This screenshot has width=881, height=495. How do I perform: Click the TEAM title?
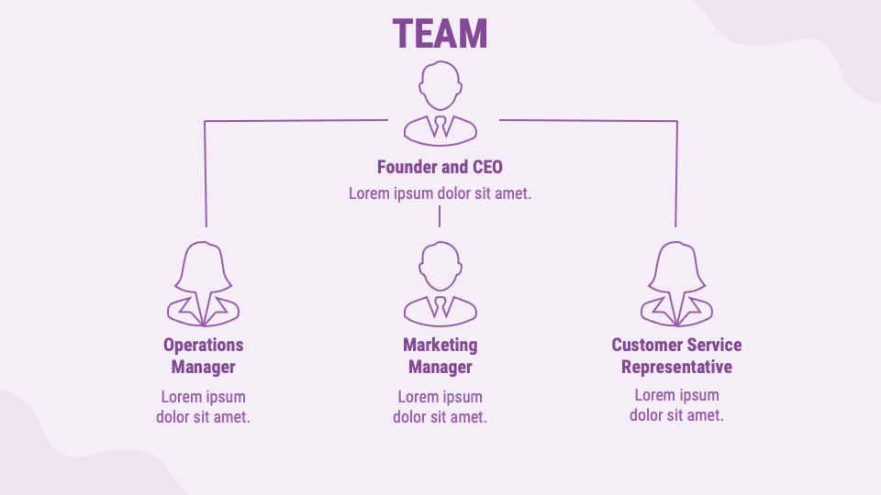click(440, 33)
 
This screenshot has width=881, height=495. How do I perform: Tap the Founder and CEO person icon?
click(440, 103)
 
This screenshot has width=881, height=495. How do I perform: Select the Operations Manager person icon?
click(203, 284)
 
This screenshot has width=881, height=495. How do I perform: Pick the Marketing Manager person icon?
click(440, 284)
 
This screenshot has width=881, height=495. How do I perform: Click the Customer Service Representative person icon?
click(676, 284)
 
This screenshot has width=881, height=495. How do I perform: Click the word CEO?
click(487, 168)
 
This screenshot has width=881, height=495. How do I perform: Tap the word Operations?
click(203, 345)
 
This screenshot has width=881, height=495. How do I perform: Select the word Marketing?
click(440, 345)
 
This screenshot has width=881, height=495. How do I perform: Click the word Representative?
click(676, 367)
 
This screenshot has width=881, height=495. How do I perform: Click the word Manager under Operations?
click(203, 367)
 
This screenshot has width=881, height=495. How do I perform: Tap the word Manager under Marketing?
click(440, 367)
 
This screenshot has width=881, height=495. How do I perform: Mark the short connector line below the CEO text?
click(440, 216)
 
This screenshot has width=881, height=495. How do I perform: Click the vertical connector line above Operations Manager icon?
click(205, 174)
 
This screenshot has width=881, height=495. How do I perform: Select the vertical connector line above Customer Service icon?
click(676, 174)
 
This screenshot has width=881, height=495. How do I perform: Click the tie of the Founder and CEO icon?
click(440, 126)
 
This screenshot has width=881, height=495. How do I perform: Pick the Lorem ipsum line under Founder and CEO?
click(440, 193)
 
